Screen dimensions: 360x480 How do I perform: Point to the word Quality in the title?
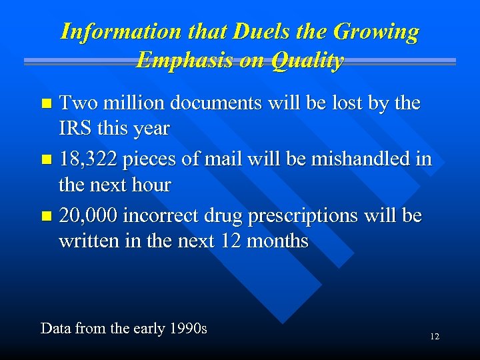point(306,61)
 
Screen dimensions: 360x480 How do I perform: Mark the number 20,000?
point(89,216)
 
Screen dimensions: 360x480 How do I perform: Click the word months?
point(277,241)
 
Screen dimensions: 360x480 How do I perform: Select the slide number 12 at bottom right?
point(434,337)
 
